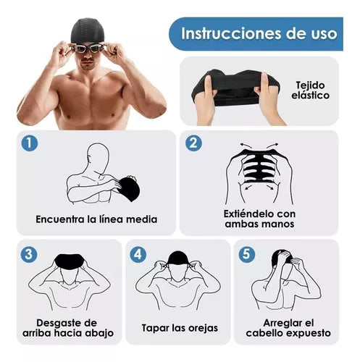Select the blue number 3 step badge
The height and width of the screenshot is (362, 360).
pyautogui.click(x=28, y=254)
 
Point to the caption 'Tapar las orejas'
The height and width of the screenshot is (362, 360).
pyautogui.click(x=179, y=327)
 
